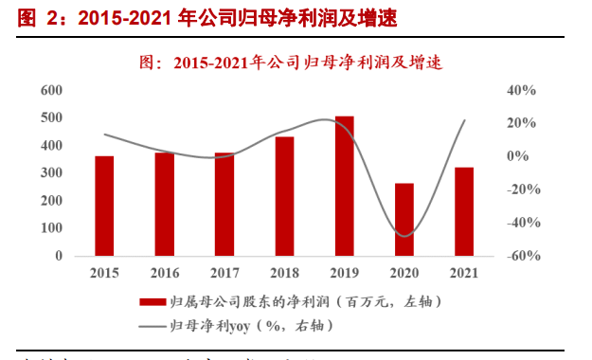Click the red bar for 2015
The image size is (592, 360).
104,206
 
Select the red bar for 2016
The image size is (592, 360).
164,204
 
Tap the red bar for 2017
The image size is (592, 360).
224,204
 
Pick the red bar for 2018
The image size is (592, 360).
284,196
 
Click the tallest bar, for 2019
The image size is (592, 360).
344,186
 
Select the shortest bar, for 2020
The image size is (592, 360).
404,219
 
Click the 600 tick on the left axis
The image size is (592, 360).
51,90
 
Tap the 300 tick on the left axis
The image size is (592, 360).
51,173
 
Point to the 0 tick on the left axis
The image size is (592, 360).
59,256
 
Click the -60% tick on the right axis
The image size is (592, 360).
520,256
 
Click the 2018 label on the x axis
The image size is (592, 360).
284,272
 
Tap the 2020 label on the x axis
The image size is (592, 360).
404,272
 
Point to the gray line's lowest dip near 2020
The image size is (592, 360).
405,236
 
